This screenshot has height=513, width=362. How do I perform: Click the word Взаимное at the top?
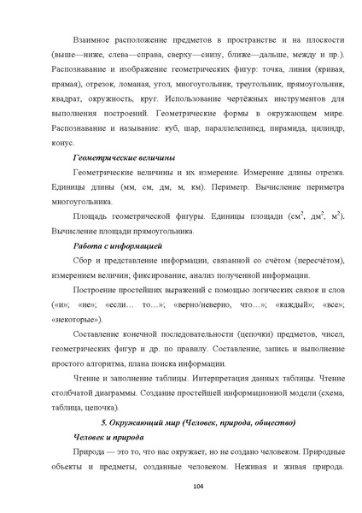[94, 39]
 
